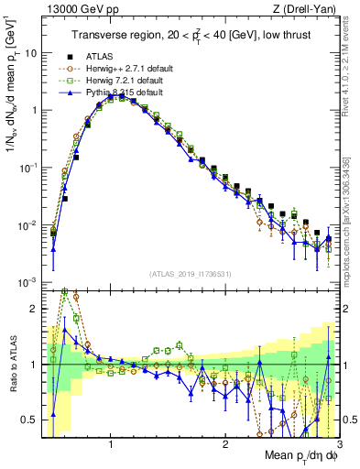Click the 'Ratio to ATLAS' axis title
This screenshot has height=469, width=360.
(x=13, y=364)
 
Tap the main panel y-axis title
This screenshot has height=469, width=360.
(x=13, y=92)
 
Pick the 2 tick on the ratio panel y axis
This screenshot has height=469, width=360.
(x=33, y=309)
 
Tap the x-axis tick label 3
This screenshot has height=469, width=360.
(x=339, y=442)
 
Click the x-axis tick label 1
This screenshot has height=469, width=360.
(x=111, y=442)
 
